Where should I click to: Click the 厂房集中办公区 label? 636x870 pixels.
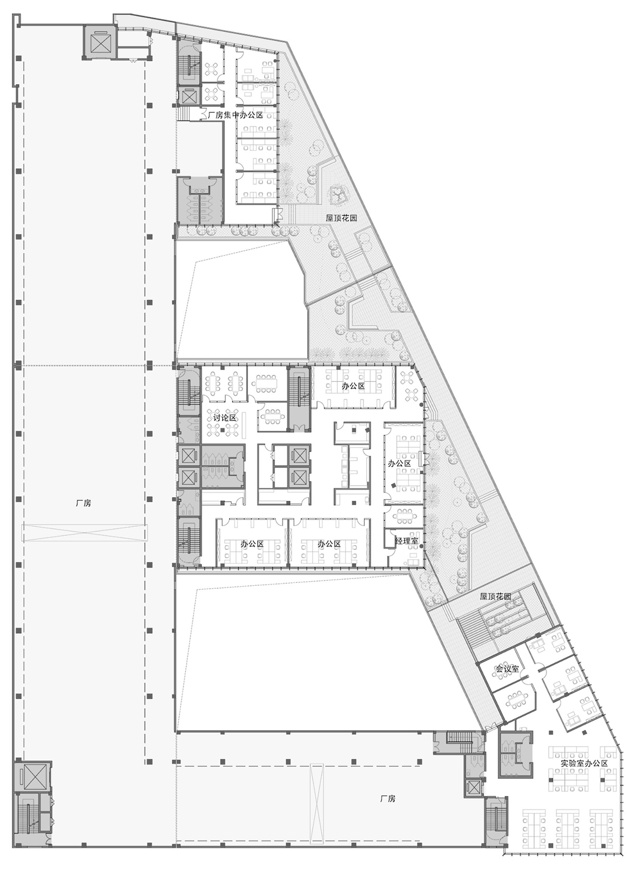coord(235,115)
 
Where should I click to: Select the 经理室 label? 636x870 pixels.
coord(406,541)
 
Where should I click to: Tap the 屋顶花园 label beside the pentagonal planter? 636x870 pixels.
coord(342,218)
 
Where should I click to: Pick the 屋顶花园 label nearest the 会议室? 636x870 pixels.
coord(495,596)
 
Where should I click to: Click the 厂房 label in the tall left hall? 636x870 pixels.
coord(83,503)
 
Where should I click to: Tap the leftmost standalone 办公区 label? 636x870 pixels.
coord(252,544)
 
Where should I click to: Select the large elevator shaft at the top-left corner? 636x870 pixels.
coord(99,42)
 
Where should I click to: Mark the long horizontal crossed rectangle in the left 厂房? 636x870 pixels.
coord(84,532)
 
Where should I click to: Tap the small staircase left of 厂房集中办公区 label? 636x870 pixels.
coord(184,114)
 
